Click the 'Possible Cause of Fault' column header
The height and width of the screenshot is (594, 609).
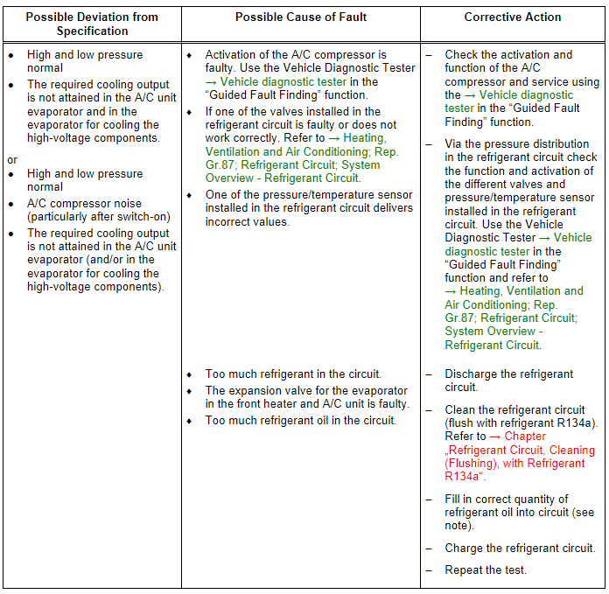click(301, 17)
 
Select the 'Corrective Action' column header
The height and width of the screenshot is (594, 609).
click(513, 17)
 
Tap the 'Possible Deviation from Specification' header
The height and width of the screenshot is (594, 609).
click(92, 24)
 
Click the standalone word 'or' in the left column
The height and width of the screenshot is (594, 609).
click(12, 160)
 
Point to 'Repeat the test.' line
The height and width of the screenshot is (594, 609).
click(486, 570)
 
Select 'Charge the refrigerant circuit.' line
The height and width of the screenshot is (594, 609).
click(520, 549)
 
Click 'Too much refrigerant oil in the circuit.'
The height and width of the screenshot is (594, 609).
click(301, 421)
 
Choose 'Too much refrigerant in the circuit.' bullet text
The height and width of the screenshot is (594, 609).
click(293, 374)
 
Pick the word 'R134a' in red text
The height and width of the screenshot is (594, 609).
click(462, 477)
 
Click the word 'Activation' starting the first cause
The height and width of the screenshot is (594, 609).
click(231, 55)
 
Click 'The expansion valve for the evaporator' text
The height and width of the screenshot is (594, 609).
click(306, 391)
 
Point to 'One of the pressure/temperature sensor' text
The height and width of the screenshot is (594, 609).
click(308, 195)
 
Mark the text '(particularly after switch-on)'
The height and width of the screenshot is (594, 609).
click(99, 217)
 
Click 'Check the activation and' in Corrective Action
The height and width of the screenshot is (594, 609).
click(507, 55)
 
